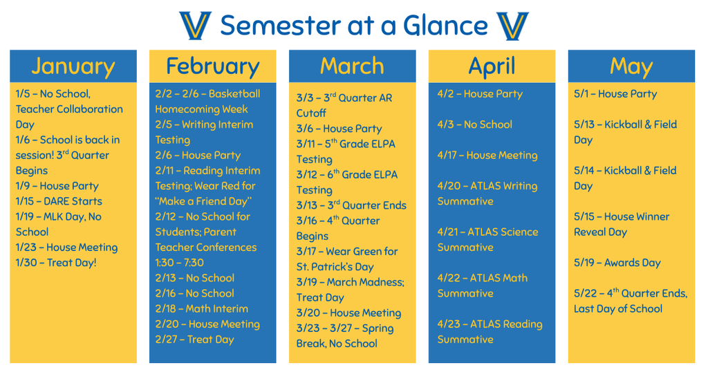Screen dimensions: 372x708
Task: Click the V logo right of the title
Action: point(512,26)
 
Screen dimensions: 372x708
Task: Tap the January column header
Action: point(73,66)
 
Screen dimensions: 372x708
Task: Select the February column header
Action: point(212,66)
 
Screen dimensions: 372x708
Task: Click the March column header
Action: point(352,66)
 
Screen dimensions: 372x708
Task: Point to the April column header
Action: point(492,66)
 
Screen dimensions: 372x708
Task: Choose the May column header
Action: point(631,66)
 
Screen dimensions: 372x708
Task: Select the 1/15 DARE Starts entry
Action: point(59,201)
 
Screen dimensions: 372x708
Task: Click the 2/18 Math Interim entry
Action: point(201,308)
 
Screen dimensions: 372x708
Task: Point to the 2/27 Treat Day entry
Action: point(194,340)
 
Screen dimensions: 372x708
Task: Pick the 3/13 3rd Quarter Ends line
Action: point(351,205)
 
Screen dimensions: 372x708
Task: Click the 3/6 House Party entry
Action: point(339,129)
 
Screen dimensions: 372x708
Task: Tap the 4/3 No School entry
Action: point(474,124)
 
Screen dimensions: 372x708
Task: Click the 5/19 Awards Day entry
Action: point(617,263)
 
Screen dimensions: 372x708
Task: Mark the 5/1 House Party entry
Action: point(615,94)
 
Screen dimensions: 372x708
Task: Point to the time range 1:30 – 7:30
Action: point(179,263)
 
